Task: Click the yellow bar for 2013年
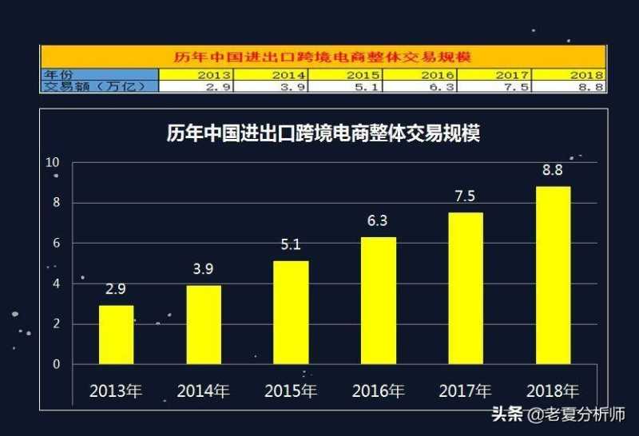point(116,334)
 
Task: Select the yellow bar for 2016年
point(379,299)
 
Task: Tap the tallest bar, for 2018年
point(554,275)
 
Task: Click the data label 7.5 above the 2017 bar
point(466,196)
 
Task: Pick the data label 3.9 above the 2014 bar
point(203,269)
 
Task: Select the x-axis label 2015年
point(291,391)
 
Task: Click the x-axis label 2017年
point(466,391)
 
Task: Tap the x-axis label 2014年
point(203,391)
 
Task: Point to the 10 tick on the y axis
point(53,162)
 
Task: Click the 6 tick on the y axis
point(56,243)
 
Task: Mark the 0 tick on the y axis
point(56,364)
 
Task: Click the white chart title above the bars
point(323,133)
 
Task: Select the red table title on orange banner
point(323,57)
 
